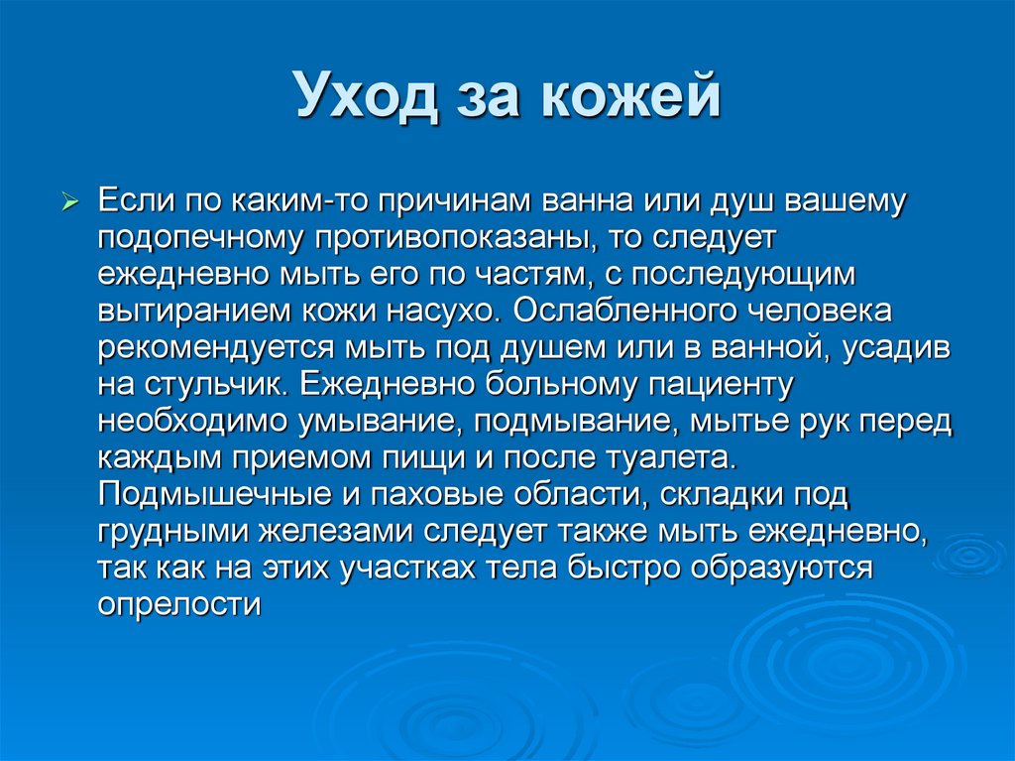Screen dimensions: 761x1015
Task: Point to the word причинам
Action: pyautogui.click(x=464, y=202)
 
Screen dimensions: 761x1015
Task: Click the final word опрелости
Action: pyautogui.click(x=179, y=602)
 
